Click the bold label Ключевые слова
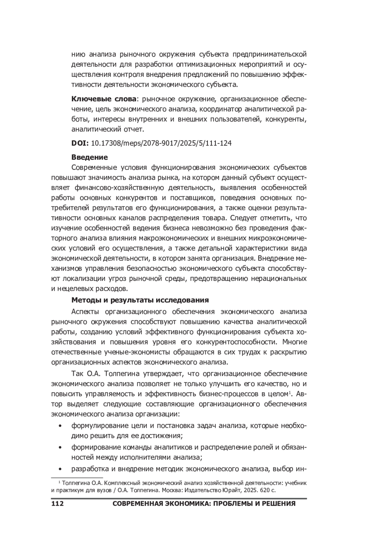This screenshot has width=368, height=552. click(104, 99)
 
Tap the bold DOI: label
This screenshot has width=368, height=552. click(80, 143)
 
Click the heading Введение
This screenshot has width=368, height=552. click(90, 157)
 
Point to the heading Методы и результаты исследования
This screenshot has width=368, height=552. click(140, 300)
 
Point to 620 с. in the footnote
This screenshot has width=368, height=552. click(268, 490)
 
